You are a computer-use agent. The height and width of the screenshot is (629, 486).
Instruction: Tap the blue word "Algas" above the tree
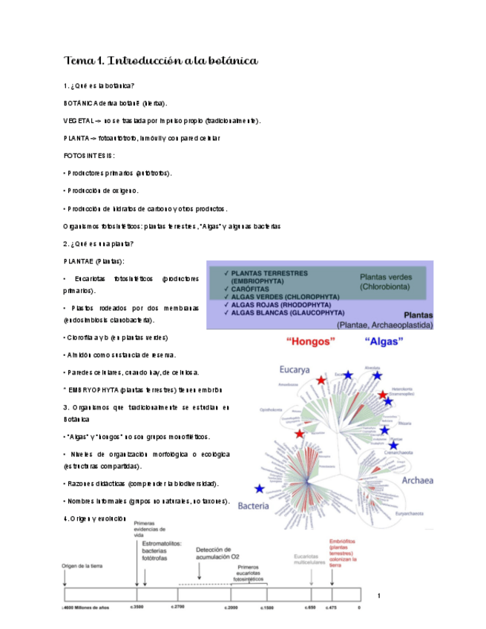click(384, 342)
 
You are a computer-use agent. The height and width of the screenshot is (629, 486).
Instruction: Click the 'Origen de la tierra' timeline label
click(83, 565)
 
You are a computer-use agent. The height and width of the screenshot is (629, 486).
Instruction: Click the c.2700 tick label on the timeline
click(178, 607)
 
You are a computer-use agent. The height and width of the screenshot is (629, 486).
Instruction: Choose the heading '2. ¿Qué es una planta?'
click(99, 244)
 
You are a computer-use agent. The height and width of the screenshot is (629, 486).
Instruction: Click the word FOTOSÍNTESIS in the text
click(90, 156)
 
